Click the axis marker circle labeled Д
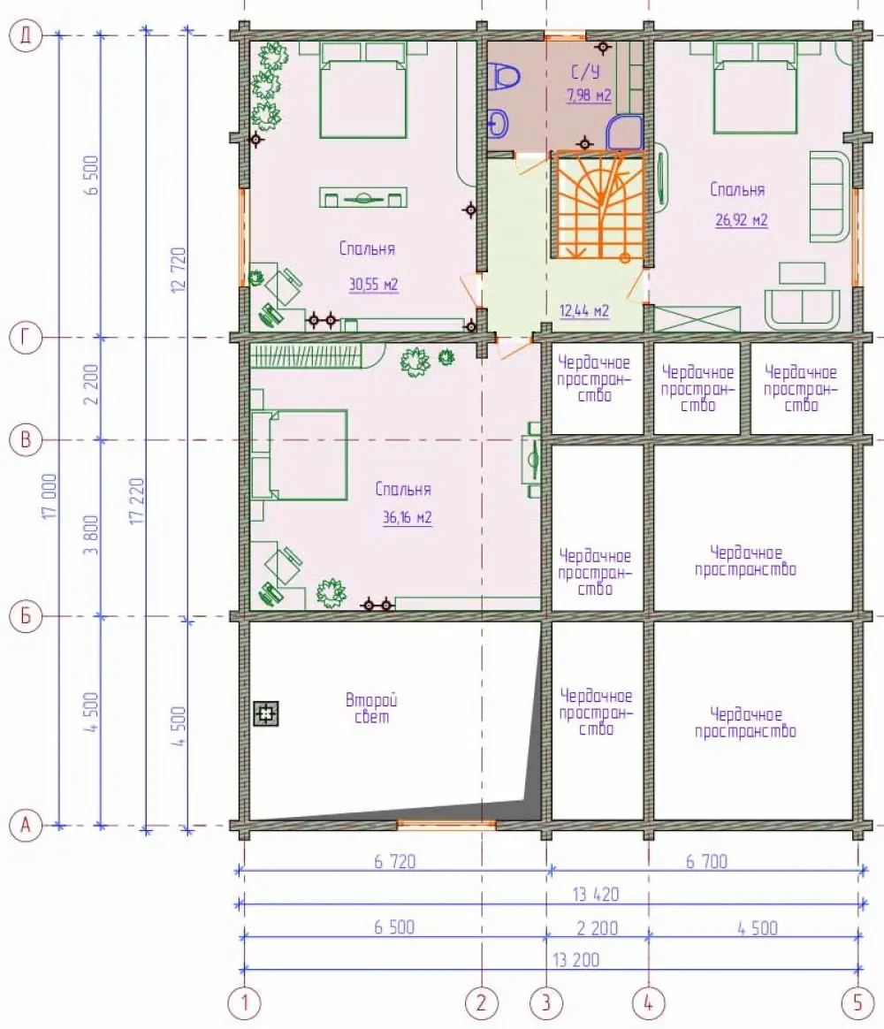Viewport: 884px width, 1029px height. (26, 34)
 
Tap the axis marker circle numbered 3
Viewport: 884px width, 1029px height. (546, 1002)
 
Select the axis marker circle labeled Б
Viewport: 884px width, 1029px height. (26, 616)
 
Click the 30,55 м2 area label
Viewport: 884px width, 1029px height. (373, 284)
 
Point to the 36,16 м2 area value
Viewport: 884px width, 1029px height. (407, 517)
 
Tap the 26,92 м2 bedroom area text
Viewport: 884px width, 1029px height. (741, 219)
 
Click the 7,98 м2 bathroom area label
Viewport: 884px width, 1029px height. (589, 95)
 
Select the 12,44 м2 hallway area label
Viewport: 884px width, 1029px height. (583, 310)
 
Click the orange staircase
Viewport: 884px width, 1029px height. (599, 205)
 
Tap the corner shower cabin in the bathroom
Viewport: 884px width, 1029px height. (624, 133)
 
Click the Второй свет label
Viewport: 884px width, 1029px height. (371, 708)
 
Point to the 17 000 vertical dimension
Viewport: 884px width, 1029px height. (50, 496)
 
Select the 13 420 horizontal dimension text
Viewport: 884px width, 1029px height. (595, 894)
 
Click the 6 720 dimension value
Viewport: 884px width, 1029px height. (394, 861)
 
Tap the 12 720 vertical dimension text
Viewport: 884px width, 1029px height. (178, 270)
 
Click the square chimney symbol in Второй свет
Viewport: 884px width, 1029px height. (266, 713)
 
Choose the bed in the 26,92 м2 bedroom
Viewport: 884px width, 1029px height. (755, 88)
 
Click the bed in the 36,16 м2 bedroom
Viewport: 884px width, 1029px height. (300, 454)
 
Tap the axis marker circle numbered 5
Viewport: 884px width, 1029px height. (857, 1002)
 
